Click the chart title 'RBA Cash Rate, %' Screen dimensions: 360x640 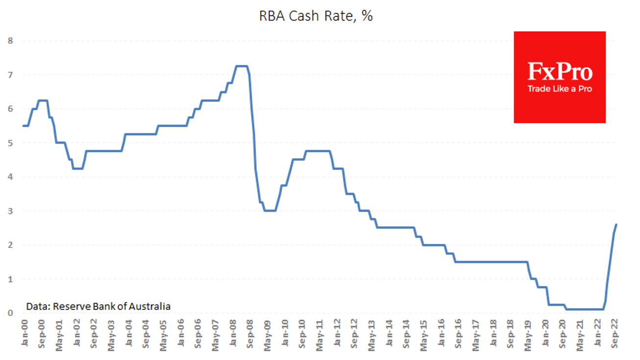[x=316, y=16]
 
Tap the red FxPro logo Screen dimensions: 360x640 [x=559, y=77]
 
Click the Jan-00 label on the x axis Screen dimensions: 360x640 [x=24, y=333]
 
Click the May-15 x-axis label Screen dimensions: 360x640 [x=423, y=333]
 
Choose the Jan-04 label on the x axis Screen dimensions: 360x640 [x=128, y=333]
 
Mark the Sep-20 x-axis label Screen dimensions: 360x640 [x=562, y=333]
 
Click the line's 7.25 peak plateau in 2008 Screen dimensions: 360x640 [x=242, y=66]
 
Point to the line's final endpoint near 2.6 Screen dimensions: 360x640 [x=616, y=224]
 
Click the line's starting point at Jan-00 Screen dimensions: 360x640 [x=24, y=126]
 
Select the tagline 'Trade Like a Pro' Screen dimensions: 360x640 [x=559, y=89]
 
